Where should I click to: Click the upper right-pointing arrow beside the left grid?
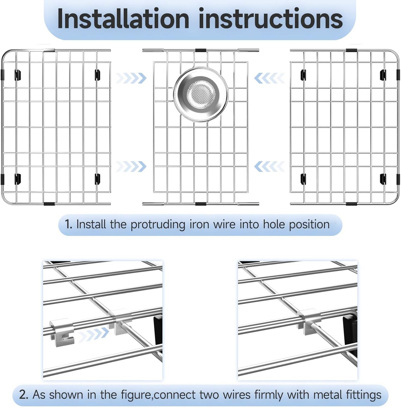coord(131,78)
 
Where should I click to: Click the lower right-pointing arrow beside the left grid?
coord(131,166)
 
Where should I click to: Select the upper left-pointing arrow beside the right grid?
coord(269,78)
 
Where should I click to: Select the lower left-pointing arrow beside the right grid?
coord(269,166)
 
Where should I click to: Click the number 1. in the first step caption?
coord(69,224)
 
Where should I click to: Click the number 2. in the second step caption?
coord(23,394)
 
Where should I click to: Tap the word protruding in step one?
coord(158,225)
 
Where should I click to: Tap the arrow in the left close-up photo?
coord(93,334)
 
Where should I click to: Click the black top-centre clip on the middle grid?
coord(200,50)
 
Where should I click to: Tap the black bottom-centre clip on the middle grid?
coord(200,204)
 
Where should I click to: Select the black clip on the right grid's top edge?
coord(351,50)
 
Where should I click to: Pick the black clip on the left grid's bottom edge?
coord(49,204)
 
